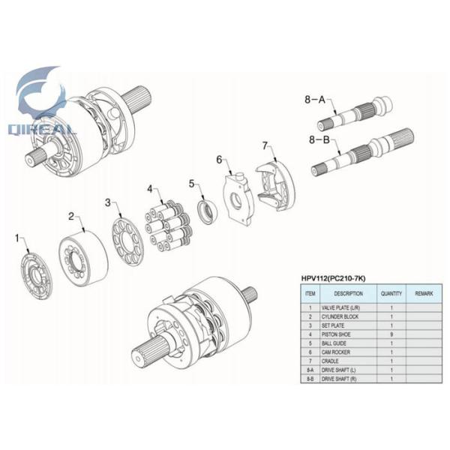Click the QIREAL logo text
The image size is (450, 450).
pyautogui.click(x=41, y=129)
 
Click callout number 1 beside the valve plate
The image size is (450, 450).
pyautogui.click(x=18, y=238)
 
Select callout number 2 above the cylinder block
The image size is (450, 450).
pyautogui.click(x=72, y=217)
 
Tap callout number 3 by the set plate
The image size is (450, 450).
pyautogui.click(x=109, y=202)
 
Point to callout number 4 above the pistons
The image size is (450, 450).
pyautogui.click(x=150, y=188)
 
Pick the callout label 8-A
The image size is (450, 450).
pyautogui.click(x=315, y=99)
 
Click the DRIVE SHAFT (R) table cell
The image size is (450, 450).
pyautogui.click(x=342, y=379)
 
